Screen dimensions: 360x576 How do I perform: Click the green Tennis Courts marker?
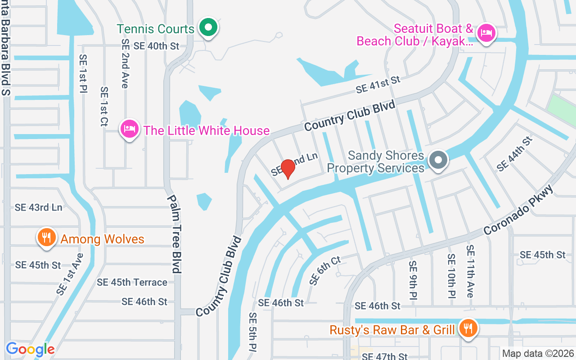click(208, 27)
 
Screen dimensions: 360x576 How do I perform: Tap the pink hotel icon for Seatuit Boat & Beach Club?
click(486, 33)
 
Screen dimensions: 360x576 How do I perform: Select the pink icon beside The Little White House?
click(130, 129)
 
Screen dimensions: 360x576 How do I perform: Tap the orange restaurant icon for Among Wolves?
click(46, 237)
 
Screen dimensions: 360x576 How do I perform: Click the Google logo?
click(30, 349)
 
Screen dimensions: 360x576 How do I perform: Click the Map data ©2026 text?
click(538, 353)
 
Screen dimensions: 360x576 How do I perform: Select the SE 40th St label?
click(156, 46)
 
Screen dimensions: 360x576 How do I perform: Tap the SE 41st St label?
click(378, 85)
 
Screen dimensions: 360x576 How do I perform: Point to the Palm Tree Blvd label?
click(175, 234)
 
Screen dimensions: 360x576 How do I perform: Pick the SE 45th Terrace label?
click(132, 282)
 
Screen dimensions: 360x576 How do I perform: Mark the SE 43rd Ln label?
click(38, 207)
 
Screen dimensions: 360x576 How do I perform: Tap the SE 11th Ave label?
click(470, 271)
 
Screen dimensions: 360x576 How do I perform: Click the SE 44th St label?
click(514, 154)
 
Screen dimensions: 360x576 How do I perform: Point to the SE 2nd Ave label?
click(125, 63)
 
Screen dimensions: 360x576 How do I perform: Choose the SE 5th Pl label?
click(253, 332)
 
